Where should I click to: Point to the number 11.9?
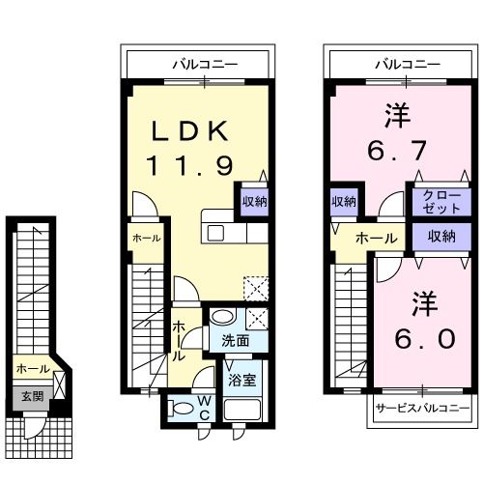(190, 166)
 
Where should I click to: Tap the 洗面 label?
(236, 340)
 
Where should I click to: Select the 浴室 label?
(242, 380)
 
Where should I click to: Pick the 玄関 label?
(31, 395)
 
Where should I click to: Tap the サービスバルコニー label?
(423, 409)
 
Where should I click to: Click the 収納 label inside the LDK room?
(255, 202)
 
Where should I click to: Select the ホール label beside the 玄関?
(32, 369)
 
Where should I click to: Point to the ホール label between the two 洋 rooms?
(377, 238)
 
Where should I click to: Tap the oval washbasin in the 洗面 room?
(223, 317)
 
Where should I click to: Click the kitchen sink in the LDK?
(215, 233)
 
